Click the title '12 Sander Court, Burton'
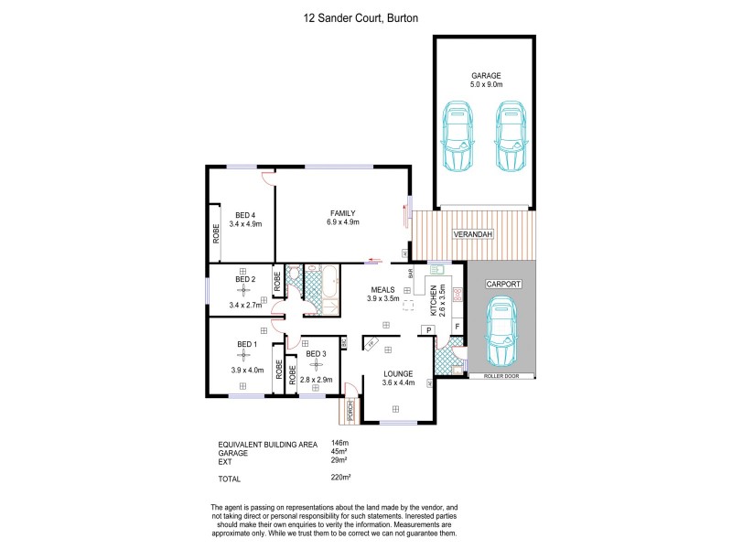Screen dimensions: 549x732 coord(365,16)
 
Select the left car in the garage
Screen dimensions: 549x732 coord(457,135)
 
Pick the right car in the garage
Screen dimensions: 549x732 coord(512,135)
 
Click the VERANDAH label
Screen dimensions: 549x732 coord(473,235)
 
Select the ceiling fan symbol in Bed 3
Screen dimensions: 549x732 coord(317,365)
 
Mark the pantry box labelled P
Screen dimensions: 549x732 coord(427,329)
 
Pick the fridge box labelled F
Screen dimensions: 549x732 coord(457,326)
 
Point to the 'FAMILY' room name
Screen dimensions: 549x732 coord(342,213)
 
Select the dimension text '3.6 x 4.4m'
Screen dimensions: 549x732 coord(399,383)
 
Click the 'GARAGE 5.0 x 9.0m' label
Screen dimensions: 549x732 coord(487,80)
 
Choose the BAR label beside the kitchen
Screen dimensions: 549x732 coord(411,272)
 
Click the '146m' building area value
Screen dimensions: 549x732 coord(339,444)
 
